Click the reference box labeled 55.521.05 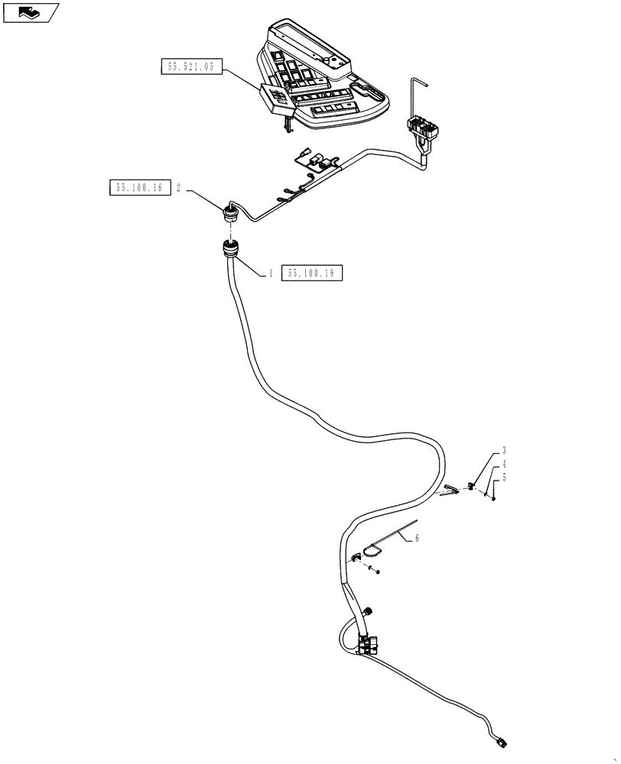191,67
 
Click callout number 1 270,273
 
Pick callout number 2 178,188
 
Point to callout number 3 504,451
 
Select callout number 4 504,464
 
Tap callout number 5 504,477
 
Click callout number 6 417,538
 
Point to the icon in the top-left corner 30,12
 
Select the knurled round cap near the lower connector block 369,611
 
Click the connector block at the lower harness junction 369,643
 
